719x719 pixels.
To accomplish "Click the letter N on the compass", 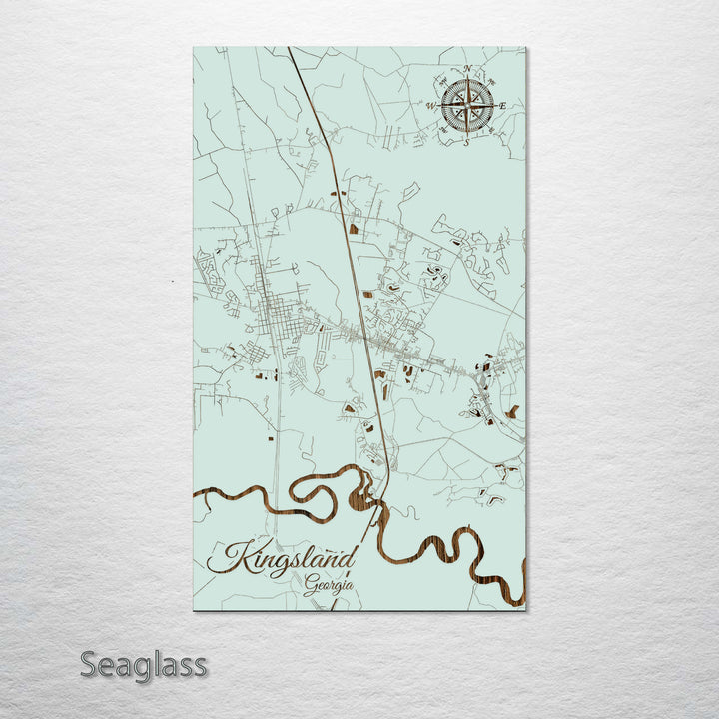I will click(x=467, y=69).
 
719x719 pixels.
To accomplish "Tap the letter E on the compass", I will click(x=502, y=105).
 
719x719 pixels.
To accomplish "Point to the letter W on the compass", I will click(x=431, y=105).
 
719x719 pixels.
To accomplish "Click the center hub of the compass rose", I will click(x=467, y=105).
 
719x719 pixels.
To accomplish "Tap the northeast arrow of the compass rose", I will click(x=483, y=89).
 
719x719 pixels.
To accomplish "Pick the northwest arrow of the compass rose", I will click(x=451, y=89).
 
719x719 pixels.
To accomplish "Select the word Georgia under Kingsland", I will click(x=329, y=585).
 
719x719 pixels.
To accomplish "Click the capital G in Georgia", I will click(x=312, y=584).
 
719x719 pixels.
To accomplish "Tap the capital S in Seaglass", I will click(x=90, y=664).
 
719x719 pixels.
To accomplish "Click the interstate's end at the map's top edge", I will click(x=289, y=49).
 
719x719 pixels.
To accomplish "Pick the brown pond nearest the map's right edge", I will click(x=512, y=410).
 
